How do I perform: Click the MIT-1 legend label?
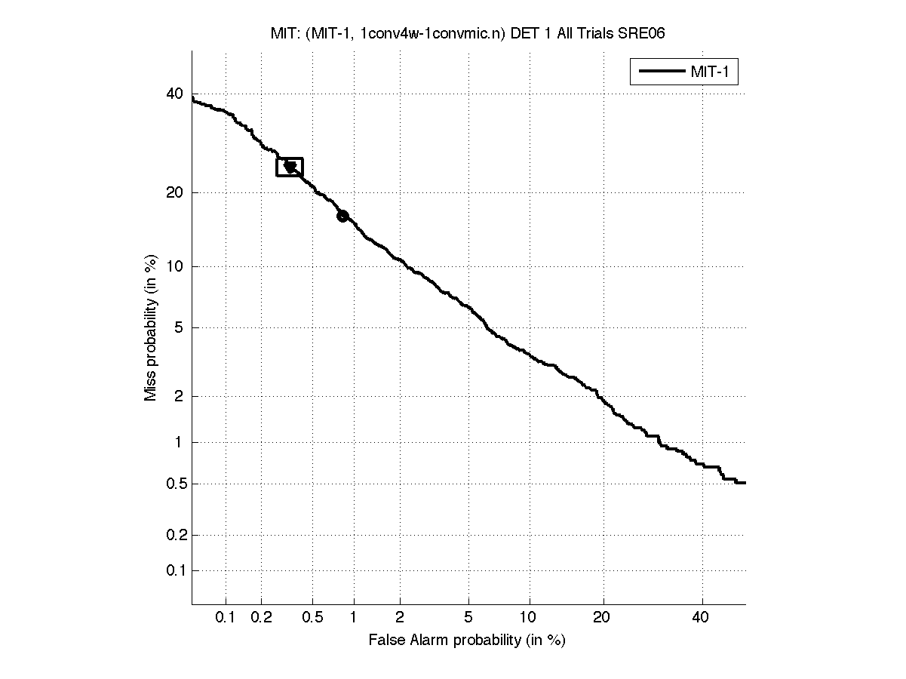713,72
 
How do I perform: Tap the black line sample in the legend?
662,72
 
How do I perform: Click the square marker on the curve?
290,167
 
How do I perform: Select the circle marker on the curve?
342,216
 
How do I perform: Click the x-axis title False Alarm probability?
467,641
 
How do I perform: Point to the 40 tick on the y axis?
174,94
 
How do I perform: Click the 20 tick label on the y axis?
174,192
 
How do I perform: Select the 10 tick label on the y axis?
174,266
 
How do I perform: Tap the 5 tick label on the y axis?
178,327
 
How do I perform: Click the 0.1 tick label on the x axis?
226,618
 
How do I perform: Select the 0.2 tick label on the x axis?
261,618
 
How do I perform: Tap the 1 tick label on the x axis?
354,618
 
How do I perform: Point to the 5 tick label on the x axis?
468,618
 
